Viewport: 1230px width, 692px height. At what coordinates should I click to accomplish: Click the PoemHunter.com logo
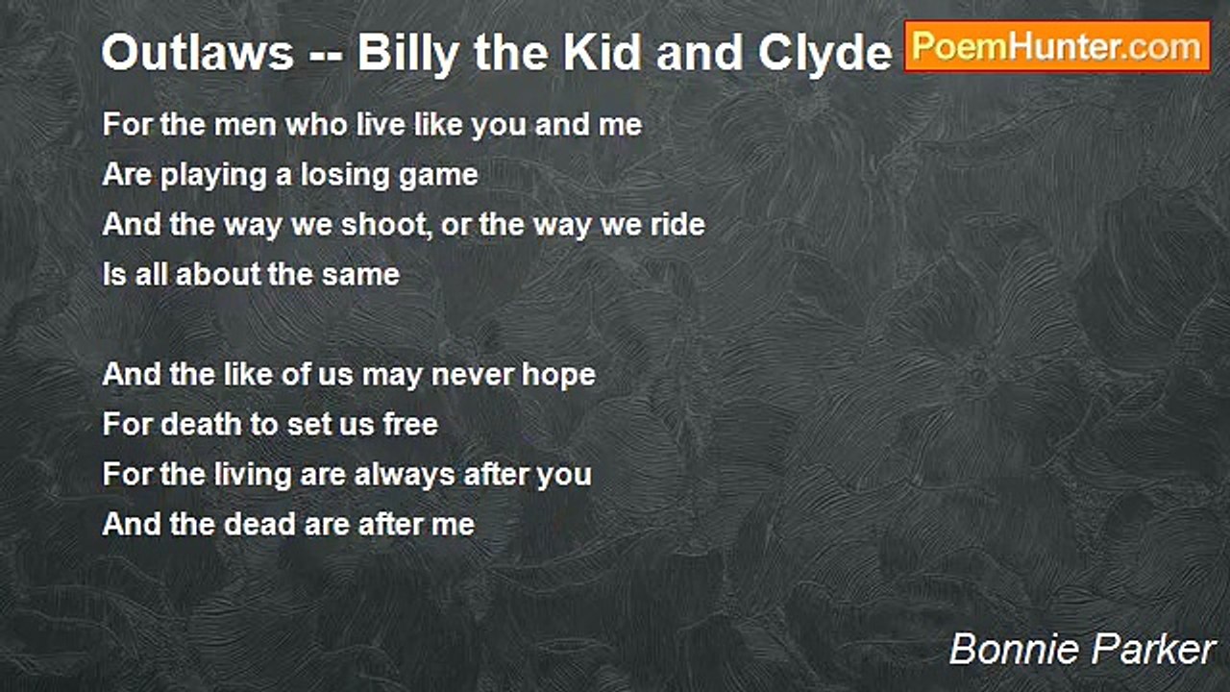tap(1057, 46)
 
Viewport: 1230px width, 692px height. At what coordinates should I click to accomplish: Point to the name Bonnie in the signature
tap(1008, 651)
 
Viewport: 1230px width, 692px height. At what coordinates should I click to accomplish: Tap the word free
tap(409, 425)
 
